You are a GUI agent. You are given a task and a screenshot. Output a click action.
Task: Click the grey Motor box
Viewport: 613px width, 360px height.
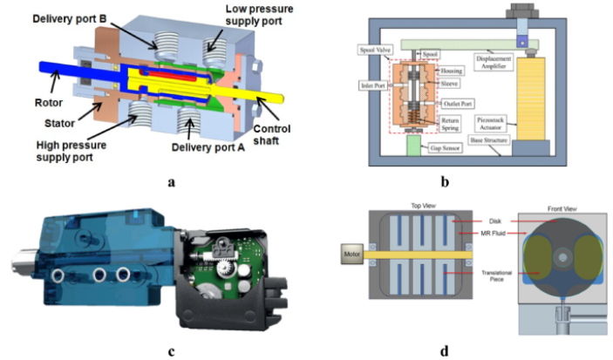click(354, 255)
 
